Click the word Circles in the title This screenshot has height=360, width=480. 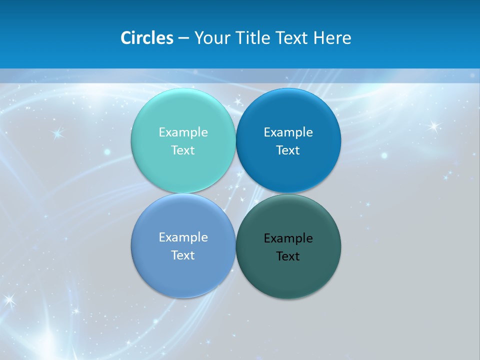(147, 38)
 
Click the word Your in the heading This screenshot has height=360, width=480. (212, 38)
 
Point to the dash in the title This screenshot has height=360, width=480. (183, 38)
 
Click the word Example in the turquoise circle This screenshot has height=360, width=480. (183, 132)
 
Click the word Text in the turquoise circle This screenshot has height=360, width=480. (183, 150)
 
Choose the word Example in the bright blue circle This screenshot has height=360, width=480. (288, 132)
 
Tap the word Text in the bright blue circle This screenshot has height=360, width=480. (288, 150)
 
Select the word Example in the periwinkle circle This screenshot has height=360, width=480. (183, 237)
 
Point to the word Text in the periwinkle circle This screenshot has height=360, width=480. (183, 255)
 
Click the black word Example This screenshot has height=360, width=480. (288, 238)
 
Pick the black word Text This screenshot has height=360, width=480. (288, 256)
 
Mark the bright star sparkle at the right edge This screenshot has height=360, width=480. (433, 126)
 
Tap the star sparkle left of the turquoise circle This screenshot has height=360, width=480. (57, 133)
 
